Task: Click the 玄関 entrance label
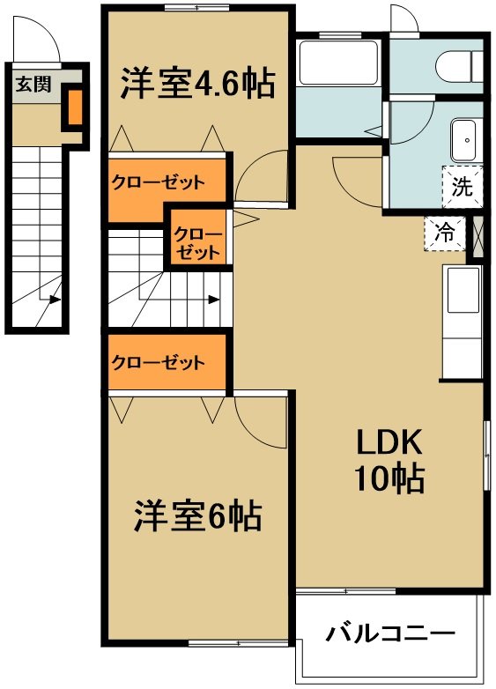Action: tap(33, 84)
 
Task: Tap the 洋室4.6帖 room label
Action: tap(197, 83)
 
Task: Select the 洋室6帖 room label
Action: tap(197, 515)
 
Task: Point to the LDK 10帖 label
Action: tap(389, 461)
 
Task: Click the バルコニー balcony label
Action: tap(389, 633)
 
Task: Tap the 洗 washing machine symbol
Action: tap(463, 187)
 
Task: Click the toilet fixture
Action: tap(460, 65)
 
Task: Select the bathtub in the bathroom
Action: tap(338, 62)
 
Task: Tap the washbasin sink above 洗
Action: tap(463, 141)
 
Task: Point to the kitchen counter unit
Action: tap(463, 322)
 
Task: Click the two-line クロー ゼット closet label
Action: tap(196, 243)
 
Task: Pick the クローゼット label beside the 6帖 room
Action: tap(159, 362)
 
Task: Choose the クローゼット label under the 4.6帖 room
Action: tap(159, 182)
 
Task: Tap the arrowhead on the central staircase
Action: tap(213, 300)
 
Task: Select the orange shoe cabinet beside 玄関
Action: tap(75, 107)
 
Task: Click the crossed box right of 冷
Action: tap(477, 237)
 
